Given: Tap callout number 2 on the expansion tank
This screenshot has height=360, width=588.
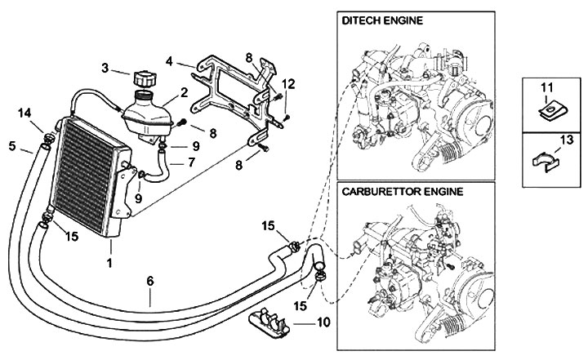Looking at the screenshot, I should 185,93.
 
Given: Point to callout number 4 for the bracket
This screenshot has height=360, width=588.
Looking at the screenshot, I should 169,61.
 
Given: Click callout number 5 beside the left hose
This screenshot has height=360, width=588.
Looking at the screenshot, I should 12,146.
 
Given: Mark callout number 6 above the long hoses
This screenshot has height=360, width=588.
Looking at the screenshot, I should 150,280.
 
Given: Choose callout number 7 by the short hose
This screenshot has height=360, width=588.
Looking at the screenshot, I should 190,162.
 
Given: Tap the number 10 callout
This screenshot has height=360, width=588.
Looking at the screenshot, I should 323,322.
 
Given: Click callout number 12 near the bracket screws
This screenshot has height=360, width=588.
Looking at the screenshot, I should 288,84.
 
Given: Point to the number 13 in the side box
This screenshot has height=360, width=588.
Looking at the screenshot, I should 567,140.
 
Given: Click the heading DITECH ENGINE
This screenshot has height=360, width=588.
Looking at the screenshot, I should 382,20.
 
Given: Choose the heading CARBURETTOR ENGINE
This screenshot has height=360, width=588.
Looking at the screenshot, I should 402,192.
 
